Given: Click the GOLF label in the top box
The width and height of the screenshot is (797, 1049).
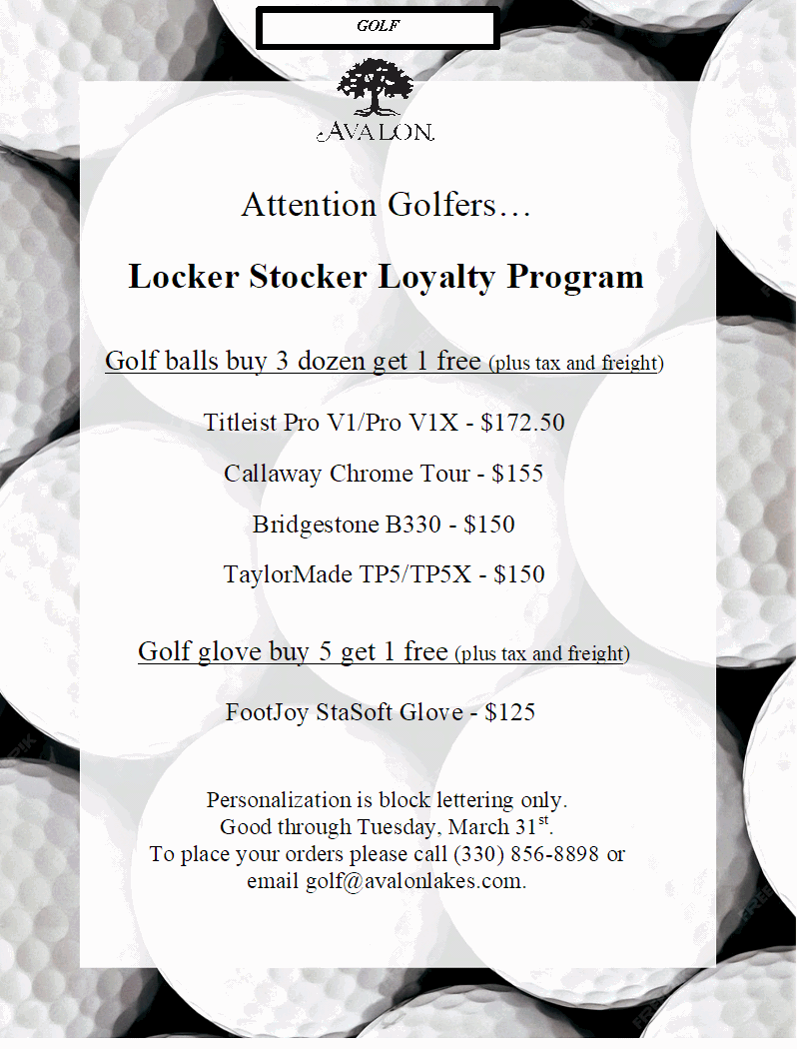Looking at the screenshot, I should (378, 27).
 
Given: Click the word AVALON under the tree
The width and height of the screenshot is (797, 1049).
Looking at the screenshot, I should (376, 132).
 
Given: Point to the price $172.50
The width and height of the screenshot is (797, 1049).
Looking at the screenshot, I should (522, 423).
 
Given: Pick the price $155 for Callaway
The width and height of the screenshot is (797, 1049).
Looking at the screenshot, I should (517, 474).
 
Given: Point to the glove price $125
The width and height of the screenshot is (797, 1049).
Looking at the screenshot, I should (510, 712).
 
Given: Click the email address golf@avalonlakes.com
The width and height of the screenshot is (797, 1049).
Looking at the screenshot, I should (414, 881).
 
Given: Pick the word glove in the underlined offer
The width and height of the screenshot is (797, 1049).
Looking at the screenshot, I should (229, 652).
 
